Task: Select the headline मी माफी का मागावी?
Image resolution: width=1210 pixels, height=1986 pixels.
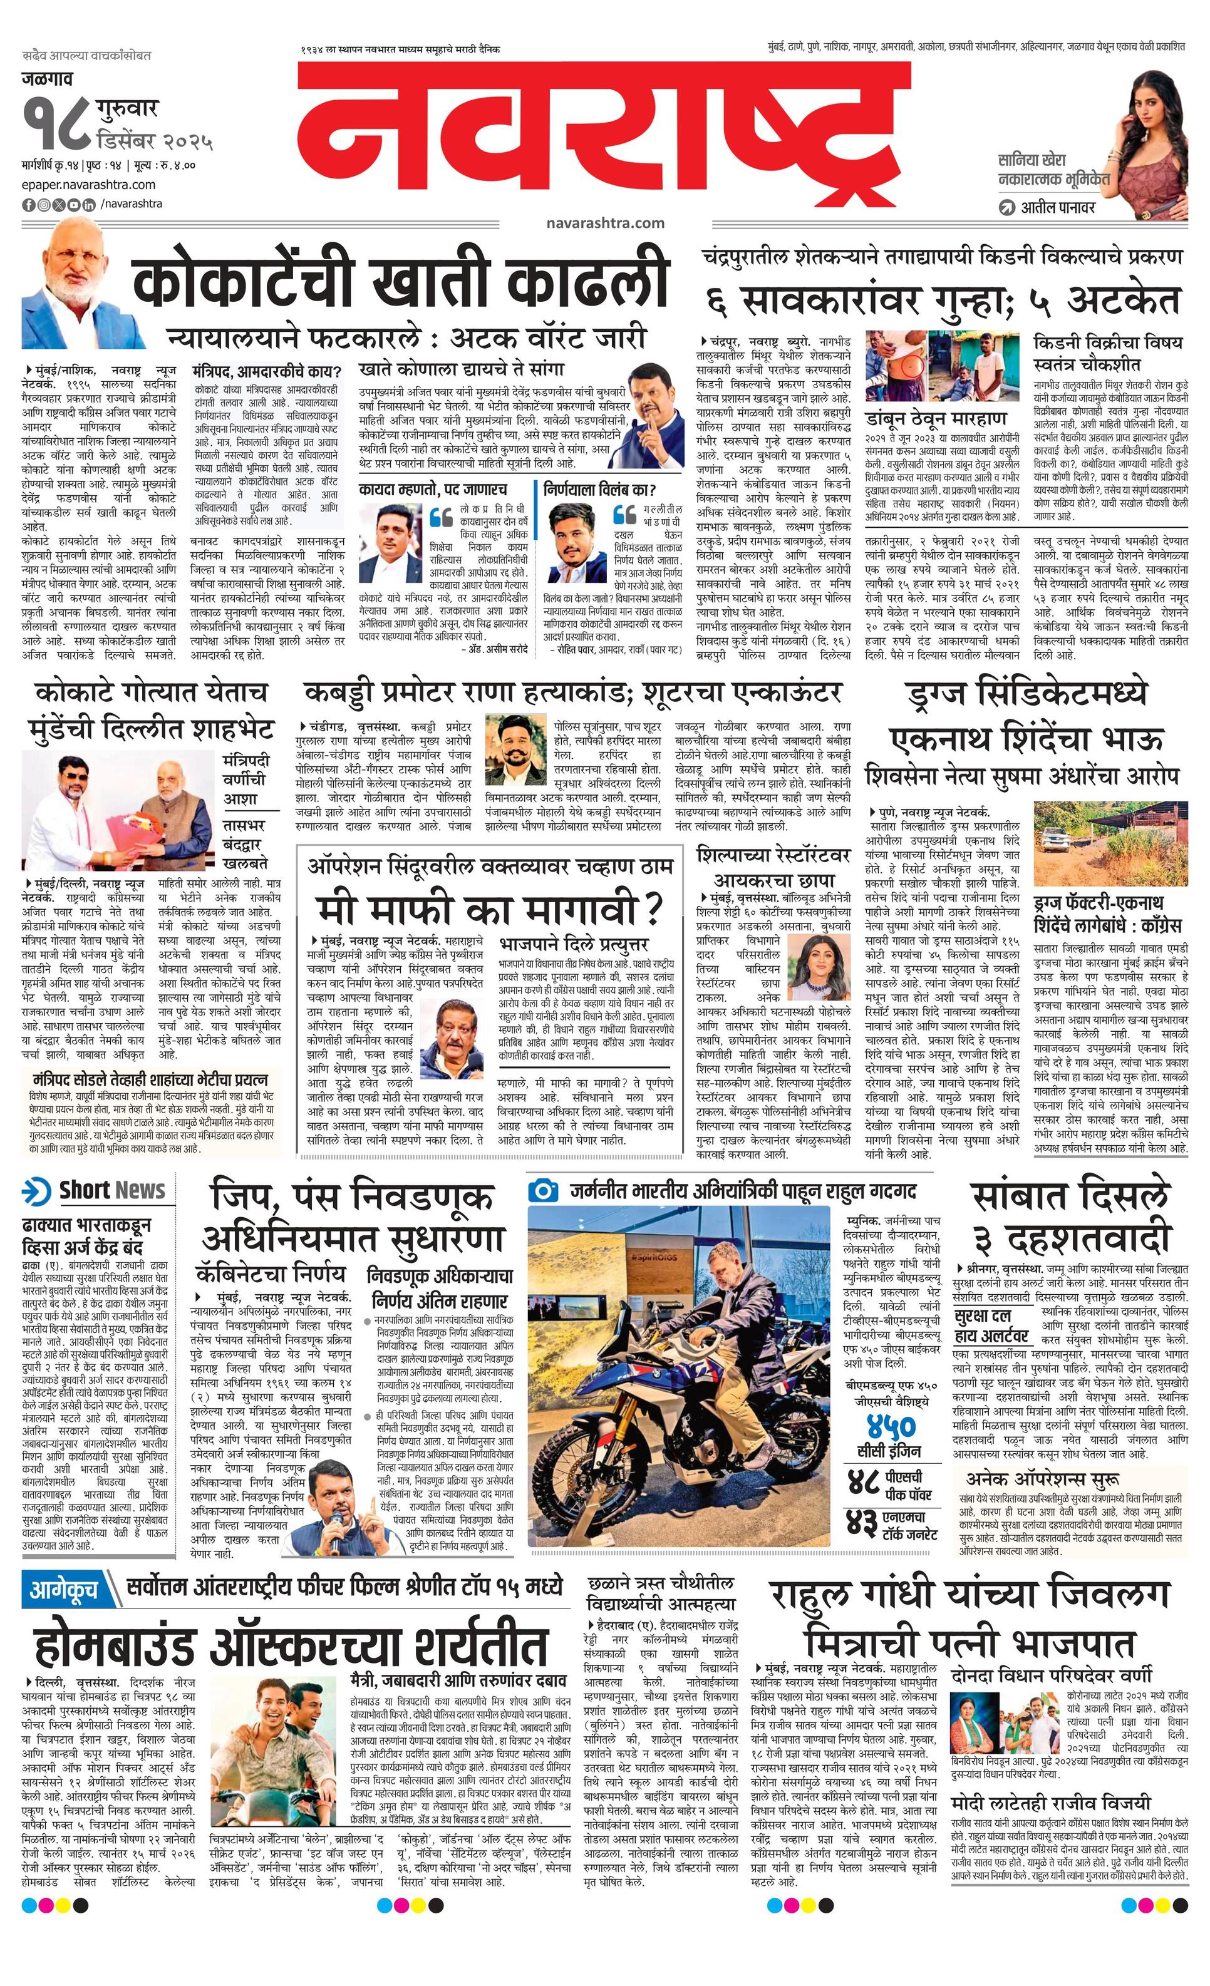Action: (x=489, y=909)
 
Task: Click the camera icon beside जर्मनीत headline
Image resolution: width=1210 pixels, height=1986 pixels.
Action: (x=544, y=1190)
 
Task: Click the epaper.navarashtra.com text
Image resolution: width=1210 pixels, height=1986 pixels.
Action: (x=89, y=185)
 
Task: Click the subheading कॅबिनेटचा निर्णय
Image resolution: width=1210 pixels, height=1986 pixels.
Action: (x=271, y=1273)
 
